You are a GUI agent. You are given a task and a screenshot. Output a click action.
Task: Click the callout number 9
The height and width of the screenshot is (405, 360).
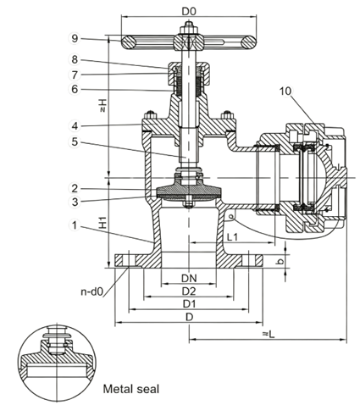(x=75, y=38)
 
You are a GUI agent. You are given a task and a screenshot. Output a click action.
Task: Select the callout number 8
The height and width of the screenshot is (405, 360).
(x=75, y=60)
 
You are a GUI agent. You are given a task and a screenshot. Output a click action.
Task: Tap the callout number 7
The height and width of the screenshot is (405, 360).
(x=75, y=75)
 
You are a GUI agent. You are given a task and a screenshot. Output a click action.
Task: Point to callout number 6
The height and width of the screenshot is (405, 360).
(x=75, y=90)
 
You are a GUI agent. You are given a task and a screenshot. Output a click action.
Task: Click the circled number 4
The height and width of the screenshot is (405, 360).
(x=75, y=126)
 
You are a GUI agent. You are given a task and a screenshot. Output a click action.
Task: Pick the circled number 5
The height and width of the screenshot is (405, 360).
(x=75, y=141)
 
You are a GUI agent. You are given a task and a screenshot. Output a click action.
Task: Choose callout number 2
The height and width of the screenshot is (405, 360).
(x=75, y=188)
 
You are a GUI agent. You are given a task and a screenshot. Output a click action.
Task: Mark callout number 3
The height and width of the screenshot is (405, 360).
(x=75, y=202)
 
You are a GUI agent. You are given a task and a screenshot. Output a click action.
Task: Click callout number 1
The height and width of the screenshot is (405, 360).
(x=75, y=225)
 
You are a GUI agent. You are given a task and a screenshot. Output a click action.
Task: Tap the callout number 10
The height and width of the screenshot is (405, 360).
(x=285, y=91)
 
